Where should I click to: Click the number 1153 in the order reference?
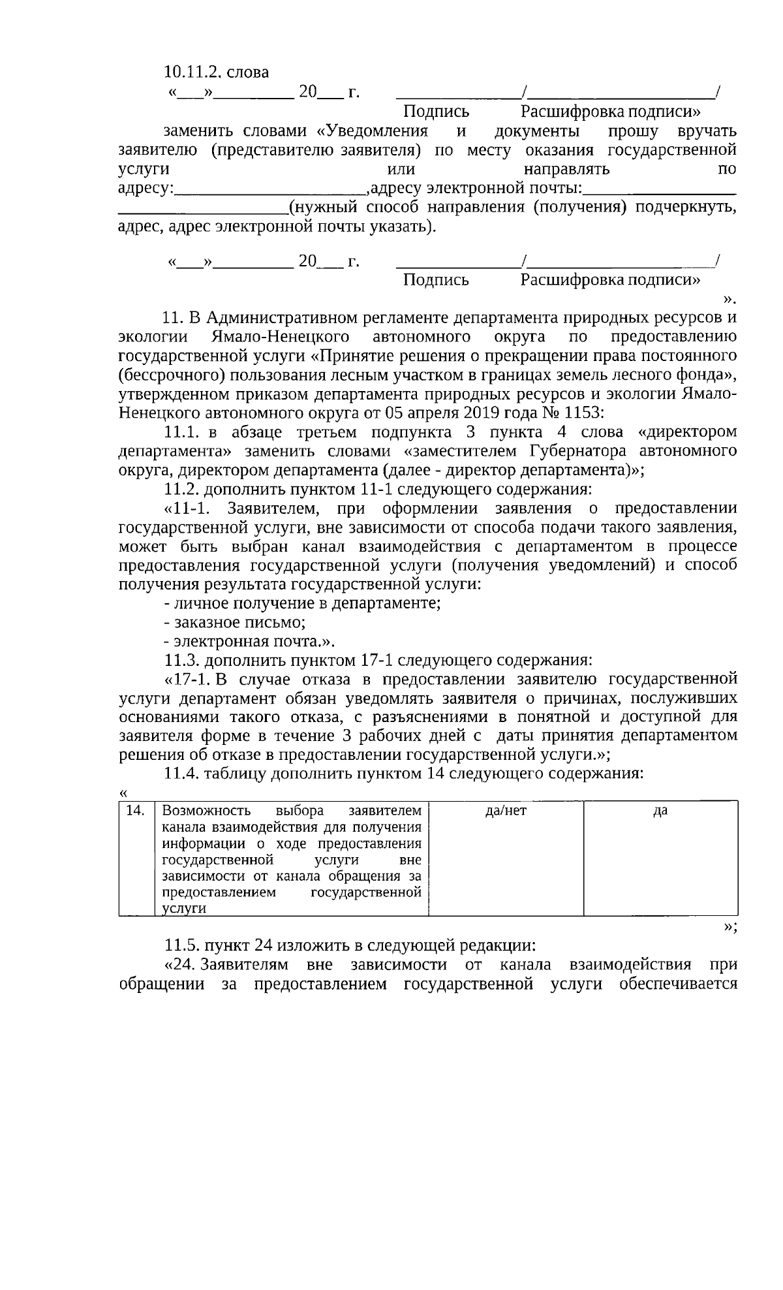(x=585, y=413)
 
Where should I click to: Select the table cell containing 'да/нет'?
(x=506, y=811)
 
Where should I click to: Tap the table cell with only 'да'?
(x=660, y=811)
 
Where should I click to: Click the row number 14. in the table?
(x=134, y=811)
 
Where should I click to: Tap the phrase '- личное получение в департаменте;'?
(x=302, y=603)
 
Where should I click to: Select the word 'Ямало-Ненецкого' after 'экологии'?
(x=281, y=337)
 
